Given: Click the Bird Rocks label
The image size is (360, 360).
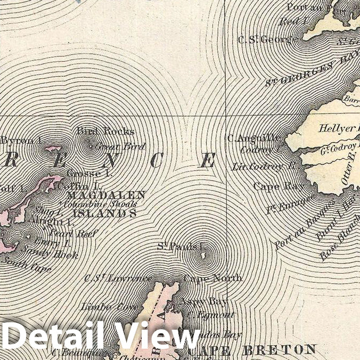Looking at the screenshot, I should click(x=105, y=131).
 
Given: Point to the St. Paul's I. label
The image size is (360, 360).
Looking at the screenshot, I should click(x=181, y=246).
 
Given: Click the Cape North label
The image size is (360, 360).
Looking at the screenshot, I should click(x=212, y=278).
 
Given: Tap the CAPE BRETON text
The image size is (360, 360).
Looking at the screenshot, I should click(x=251, y=350).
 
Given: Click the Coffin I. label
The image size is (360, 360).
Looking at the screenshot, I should click(x=80, y=186).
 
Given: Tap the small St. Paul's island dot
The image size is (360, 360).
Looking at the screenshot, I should click(x=202, y=256).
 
